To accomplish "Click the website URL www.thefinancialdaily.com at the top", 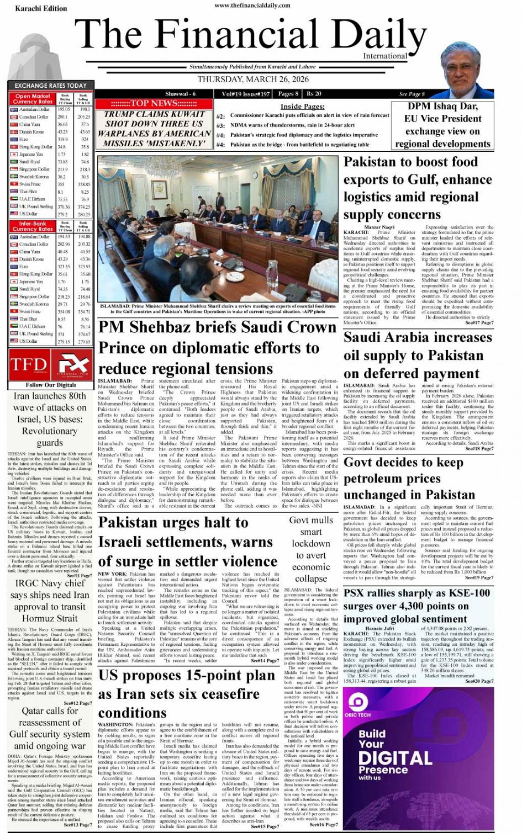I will click(x=252, y=5).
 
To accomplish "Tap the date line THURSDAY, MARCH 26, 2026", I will click(x=253, y=79).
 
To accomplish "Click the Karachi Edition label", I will click(x=41, y=8).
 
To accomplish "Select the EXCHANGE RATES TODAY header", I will click(x=50, y=86).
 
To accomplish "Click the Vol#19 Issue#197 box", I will click(x=245, y=94).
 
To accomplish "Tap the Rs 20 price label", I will click(x=314, y=94).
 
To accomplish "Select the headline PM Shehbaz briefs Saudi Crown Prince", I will click(x=218, y=348).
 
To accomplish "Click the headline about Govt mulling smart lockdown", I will click(x=310, y=549).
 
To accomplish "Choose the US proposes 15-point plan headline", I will click(x=187, y=694).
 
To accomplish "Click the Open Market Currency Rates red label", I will click(x=33, y=99).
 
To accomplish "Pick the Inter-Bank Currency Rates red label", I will click(x=33, y=226).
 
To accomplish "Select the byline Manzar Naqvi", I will click(x=379, y=227).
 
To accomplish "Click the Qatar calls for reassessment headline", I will click(x=50, y=728).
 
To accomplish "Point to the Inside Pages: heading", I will click(x=302, y=107).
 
